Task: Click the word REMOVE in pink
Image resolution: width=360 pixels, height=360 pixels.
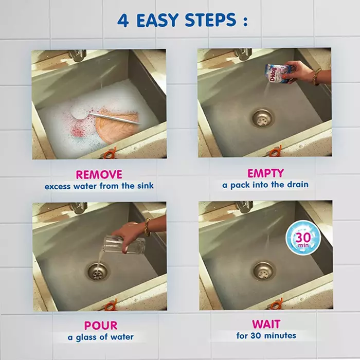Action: tap(99, 174)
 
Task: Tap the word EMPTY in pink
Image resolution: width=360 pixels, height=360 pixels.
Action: tap(265, 173)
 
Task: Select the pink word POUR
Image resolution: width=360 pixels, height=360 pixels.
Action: tap(101, 326)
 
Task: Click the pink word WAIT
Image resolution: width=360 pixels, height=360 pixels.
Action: tap(266, 324)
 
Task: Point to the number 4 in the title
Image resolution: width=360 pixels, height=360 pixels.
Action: tap(123, 20)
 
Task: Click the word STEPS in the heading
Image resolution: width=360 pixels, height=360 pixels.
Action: tap(210, 20)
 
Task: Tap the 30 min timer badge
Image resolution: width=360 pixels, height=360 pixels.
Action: tap(303, 238)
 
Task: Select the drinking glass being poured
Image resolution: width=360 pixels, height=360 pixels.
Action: tap(124, 245)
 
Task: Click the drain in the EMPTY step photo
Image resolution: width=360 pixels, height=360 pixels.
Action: tap(263, 118)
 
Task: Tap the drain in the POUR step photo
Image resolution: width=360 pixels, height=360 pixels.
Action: tap(98, 272)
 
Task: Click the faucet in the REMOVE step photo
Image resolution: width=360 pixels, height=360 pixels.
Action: tap(78, 55)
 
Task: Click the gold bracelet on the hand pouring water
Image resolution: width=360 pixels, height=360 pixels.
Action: tap(147, 227)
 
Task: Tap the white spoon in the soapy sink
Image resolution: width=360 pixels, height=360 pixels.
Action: tap(104, 115)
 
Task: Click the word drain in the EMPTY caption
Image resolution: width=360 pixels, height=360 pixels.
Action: tap(297, 184)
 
